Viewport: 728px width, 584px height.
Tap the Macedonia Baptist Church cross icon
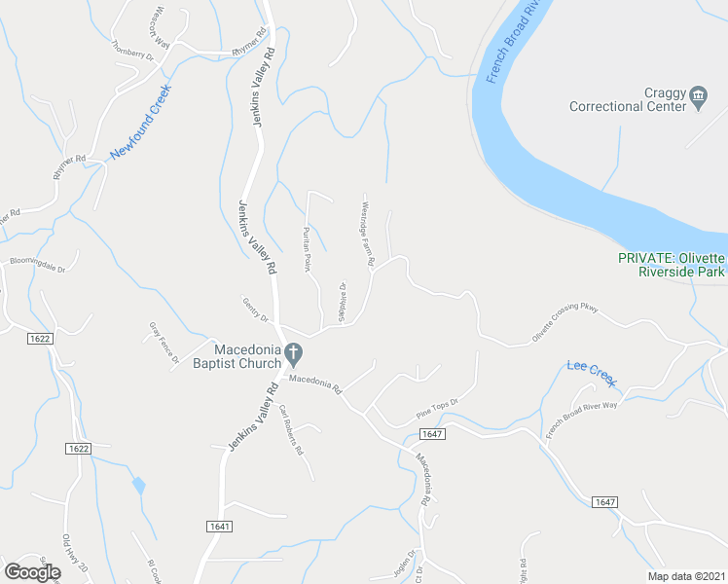[292, 352]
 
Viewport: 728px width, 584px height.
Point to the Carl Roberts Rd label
[291, 431]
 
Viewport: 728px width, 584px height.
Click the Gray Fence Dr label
[164, 344]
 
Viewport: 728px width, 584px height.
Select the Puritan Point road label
[306, 249]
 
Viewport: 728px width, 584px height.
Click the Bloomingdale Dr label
[37, 265]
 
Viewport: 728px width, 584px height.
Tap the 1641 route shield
[219, 527]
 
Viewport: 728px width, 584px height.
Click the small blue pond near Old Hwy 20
[139, 484]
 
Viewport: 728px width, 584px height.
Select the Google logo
[33, 572]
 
